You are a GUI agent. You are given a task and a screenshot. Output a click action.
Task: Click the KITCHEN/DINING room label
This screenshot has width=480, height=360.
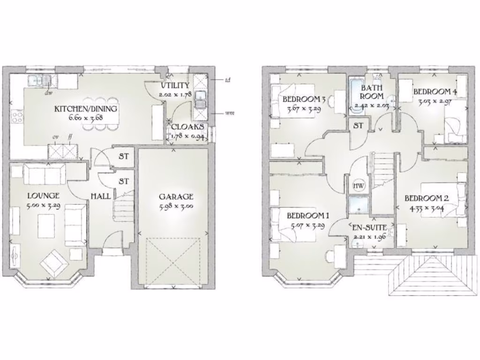[86, 109]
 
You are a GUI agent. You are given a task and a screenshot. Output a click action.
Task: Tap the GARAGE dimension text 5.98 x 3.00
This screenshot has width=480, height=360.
[176, 206]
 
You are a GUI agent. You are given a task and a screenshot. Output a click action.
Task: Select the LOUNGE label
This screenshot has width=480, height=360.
[43, 195]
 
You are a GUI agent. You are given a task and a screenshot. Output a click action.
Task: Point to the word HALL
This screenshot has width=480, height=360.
[101, 196]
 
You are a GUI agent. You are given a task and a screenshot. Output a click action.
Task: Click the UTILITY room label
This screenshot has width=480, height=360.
[175, 86]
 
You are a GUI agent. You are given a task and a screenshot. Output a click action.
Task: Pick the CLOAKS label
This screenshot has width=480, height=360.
[187, 127]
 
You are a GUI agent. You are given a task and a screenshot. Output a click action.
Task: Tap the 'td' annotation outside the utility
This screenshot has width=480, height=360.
[228, 80]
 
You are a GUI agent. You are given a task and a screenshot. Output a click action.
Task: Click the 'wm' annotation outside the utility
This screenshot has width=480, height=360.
[230, 113]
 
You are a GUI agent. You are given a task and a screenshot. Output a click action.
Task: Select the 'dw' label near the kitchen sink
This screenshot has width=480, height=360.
[48, 93]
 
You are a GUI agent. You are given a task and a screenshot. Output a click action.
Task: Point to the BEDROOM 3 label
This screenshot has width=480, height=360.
[304, 99]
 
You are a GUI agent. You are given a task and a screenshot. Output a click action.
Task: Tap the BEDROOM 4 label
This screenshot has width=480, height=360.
[435, 91]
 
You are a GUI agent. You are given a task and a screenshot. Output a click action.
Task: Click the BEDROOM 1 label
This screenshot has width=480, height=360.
[308, 216]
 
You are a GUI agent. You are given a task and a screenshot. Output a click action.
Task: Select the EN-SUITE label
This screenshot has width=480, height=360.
[370, 228]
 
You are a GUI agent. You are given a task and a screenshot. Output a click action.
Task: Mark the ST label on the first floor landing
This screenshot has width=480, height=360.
[359, 126]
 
